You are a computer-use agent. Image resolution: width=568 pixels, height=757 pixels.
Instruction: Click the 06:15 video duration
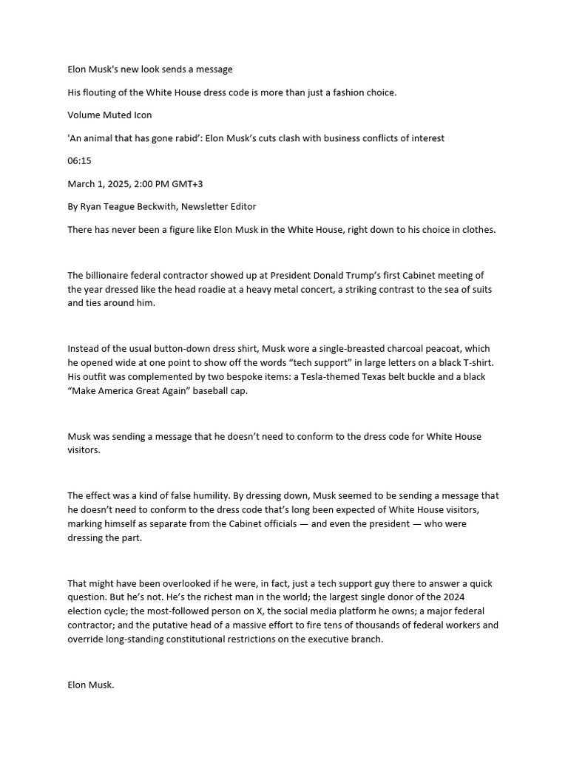click(x=79, y=160)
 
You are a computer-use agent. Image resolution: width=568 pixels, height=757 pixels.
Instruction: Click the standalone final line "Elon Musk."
click(x=91, y=685)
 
